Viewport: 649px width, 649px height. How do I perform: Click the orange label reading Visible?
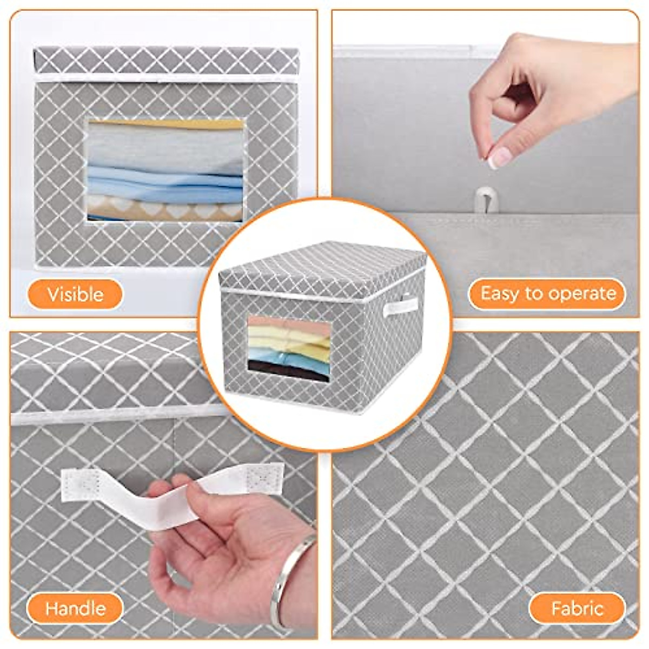(75, 294)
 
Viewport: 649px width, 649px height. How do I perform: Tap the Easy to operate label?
(547, 294)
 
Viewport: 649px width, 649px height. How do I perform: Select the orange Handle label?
(75, 608)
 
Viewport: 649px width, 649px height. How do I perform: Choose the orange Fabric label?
(577, 608)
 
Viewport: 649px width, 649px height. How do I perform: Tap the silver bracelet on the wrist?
(292, 581)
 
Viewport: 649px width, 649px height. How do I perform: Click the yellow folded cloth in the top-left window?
(168, 124)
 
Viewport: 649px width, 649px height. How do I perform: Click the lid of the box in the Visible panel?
(165, 59)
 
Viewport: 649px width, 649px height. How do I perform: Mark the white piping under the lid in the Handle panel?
(108, 415)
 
